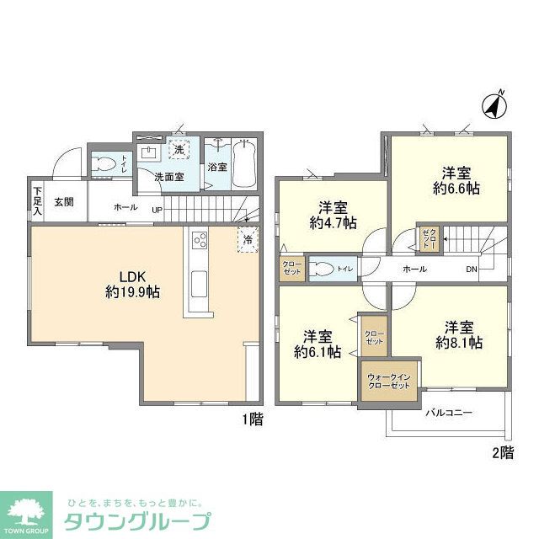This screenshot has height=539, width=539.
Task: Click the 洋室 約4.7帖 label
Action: tap(332, 216)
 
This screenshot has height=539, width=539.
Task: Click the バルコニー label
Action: tap(448, 413)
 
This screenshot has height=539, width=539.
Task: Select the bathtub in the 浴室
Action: tap(245, 163)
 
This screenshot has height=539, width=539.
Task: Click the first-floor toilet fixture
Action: tap(104, 163)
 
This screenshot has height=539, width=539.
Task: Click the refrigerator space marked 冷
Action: tap(248, 239)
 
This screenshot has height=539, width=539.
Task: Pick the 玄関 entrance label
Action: tap(64, 202)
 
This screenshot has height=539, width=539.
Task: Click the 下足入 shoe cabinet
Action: tap(37, 201)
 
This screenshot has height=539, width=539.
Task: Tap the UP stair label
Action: tap(157, 210)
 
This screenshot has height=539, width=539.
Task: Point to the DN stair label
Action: tap(472, 269)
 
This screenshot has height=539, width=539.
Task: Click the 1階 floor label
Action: tap(251, 419)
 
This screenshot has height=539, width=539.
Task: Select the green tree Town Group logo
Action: tap(26, 512)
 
